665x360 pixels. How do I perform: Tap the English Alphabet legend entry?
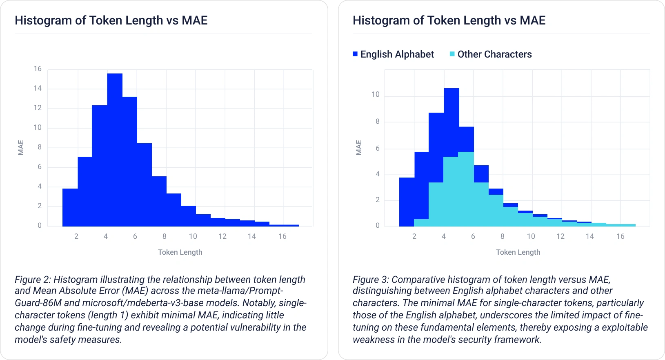point(393,54)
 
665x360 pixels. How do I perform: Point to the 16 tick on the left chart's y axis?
point(38,69)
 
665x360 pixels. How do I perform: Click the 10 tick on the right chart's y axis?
point(375,94)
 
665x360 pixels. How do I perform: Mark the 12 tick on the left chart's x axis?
point(222,236)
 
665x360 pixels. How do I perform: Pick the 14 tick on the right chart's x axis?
point(589,236)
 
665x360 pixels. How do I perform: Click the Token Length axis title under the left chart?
point(180,252)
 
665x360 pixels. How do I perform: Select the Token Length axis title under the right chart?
point(518,252)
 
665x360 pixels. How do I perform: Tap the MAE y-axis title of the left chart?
point(21,147)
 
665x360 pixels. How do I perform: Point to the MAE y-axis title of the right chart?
point(359,147)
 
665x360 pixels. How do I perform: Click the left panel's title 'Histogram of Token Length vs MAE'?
point(111,20)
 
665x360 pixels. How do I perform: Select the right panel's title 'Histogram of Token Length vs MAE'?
point(449,20)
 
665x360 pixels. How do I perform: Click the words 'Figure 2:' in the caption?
point(33,280)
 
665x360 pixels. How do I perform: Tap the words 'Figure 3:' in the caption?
point(371,280)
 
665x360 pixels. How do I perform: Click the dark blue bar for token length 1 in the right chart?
point(407,202)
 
